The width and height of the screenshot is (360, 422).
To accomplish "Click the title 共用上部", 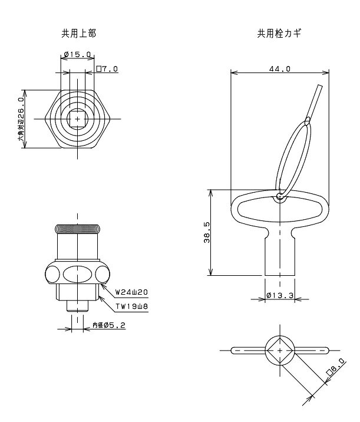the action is (x=78, y=34).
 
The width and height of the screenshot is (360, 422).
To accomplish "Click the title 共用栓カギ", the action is (x=279, y=34).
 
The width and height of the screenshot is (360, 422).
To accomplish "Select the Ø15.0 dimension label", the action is (x=78, y=55).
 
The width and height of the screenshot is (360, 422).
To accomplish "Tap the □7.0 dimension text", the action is (x=107, y=69).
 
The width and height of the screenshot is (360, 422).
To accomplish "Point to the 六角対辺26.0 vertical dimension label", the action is (x=21, y=119).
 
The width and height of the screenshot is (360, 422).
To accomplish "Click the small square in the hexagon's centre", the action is (x=78, y=119).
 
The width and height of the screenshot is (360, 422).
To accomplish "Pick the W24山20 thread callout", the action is (x=131, y=292).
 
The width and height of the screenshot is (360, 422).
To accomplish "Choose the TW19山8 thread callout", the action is (x=132, y=306).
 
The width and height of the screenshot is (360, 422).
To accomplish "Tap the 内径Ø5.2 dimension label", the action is (x=109, y=325).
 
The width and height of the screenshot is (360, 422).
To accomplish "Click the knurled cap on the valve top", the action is (x=78, y=229).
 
